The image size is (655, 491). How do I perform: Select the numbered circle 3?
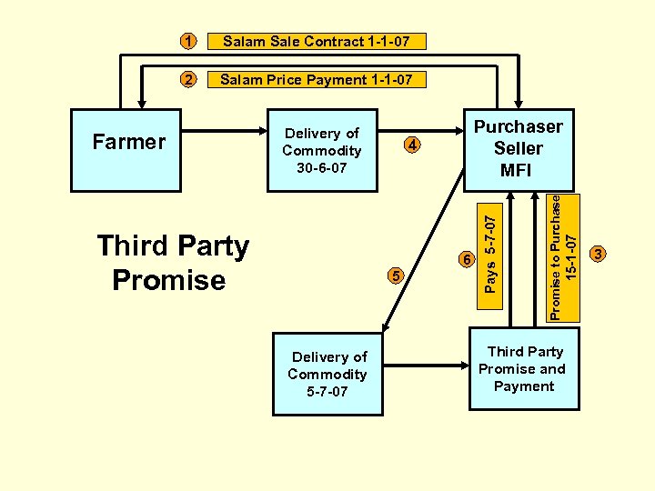(599, 254)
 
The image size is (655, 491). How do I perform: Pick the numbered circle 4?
(412, 145)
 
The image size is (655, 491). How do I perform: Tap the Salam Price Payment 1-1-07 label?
(316, 80)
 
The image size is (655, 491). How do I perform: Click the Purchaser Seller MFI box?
(518, 149)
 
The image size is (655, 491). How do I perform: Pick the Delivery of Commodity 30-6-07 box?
(321, 151)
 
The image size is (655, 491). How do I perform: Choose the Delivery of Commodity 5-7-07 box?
(328, 374)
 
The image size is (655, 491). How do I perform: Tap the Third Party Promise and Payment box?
(522, 369)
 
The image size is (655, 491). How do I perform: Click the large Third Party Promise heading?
(174, 263)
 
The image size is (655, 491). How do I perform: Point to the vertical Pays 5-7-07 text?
(490, 254)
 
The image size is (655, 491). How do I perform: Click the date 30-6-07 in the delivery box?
(321, 168)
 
